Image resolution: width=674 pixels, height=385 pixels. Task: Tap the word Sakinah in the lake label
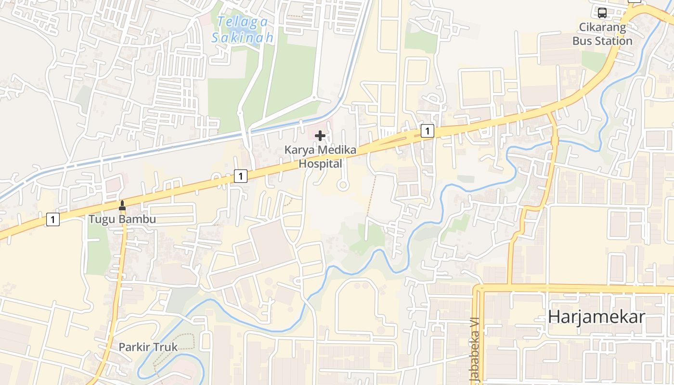coord(243,38)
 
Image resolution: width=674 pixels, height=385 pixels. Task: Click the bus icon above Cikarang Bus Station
coord(602,13)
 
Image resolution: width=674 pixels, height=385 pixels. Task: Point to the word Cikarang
coord(602,27)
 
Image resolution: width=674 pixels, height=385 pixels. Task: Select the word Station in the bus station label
coord(614,41)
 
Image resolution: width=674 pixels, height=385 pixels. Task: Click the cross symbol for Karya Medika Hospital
coord(320,136)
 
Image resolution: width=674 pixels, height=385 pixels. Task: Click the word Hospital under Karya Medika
coord(320,164)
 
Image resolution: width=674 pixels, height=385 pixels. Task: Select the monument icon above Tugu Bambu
coord(122,205)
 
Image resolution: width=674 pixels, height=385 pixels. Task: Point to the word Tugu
coord(100,219)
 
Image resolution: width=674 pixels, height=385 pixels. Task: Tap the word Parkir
coord(134,347)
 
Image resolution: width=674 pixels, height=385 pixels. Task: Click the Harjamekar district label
coord(596,317)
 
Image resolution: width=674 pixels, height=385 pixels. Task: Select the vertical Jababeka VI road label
coord(475,350)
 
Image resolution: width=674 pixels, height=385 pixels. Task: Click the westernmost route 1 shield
coord(53,220)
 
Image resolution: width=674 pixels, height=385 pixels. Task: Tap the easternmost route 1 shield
coord(427,130)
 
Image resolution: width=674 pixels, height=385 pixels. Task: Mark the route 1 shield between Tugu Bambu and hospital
coord(241,176)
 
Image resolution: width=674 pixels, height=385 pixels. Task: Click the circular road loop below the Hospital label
coord(343,185)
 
